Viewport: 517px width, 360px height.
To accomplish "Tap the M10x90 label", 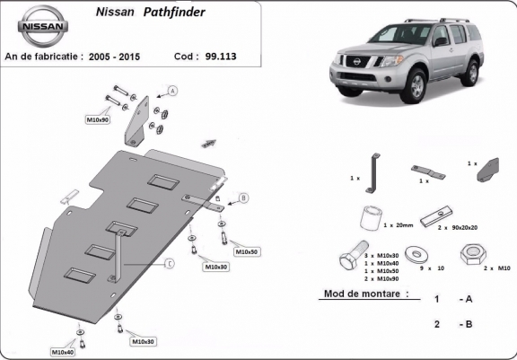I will click(x=98, y=119).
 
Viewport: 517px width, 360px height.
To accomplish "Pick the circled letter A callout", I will click(x=172, y=90).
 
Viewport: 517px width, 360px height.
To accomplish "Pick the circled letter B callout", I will click(x=243, y=198).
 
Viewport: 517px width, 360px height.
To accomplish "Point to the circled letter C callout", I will click(x=169, y=263).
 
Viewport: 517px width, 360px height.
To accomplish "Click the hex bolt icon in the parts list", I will click(x=351, y=261).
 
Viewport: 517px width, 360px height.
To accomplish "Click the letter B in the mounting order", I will click(x=467, y=324).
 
